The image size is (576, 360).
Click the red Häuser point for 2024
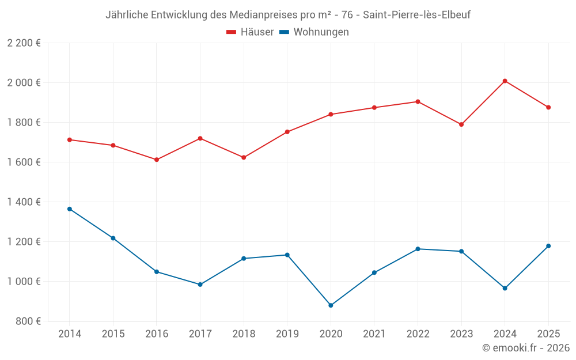[x=505, y=81]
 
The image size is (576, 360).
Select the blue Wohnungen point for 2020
[x=331, y=305]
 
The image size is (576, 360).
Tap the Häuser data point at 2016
[x=157, y=160]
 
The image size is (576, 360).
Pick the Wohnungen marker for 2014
[x=70, y=209]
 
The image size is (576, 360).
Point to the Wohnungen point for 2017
[x=200, y=285]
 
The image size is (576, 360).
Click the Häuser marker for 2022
[x=418, y=101]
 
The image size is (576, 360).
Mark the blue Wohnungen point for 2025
[x=548, y=246]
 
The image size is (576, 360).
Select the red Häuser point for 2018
[x=244, y=157]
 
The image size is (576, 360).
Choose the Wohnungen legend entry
[x=314, y=32]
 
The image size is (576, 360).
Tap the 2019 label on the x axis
[x=287, y=334]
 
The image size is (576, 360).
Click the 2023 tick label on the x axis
[x=461, y=334]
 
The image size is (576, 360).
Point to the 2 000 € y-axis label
[x=24, y=83]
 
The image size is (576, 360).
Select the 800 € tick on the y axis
[x=28, y=321]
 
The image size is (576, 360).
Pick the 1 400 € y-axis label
[x=24, y=202]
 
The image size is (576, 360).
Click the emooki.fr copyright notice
[x=526, y=348]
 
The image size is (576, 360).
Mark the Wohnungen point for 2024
[x=505, y=288]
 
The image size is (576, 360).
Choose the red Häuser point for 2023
[x=461, y=124]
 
